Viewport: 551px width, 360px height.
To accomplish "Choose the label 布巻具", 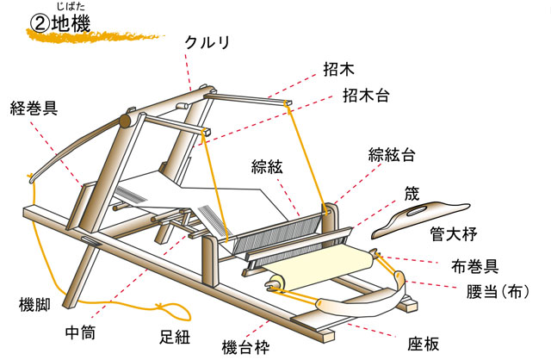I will pyautogui.click(x=476, y=267).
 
